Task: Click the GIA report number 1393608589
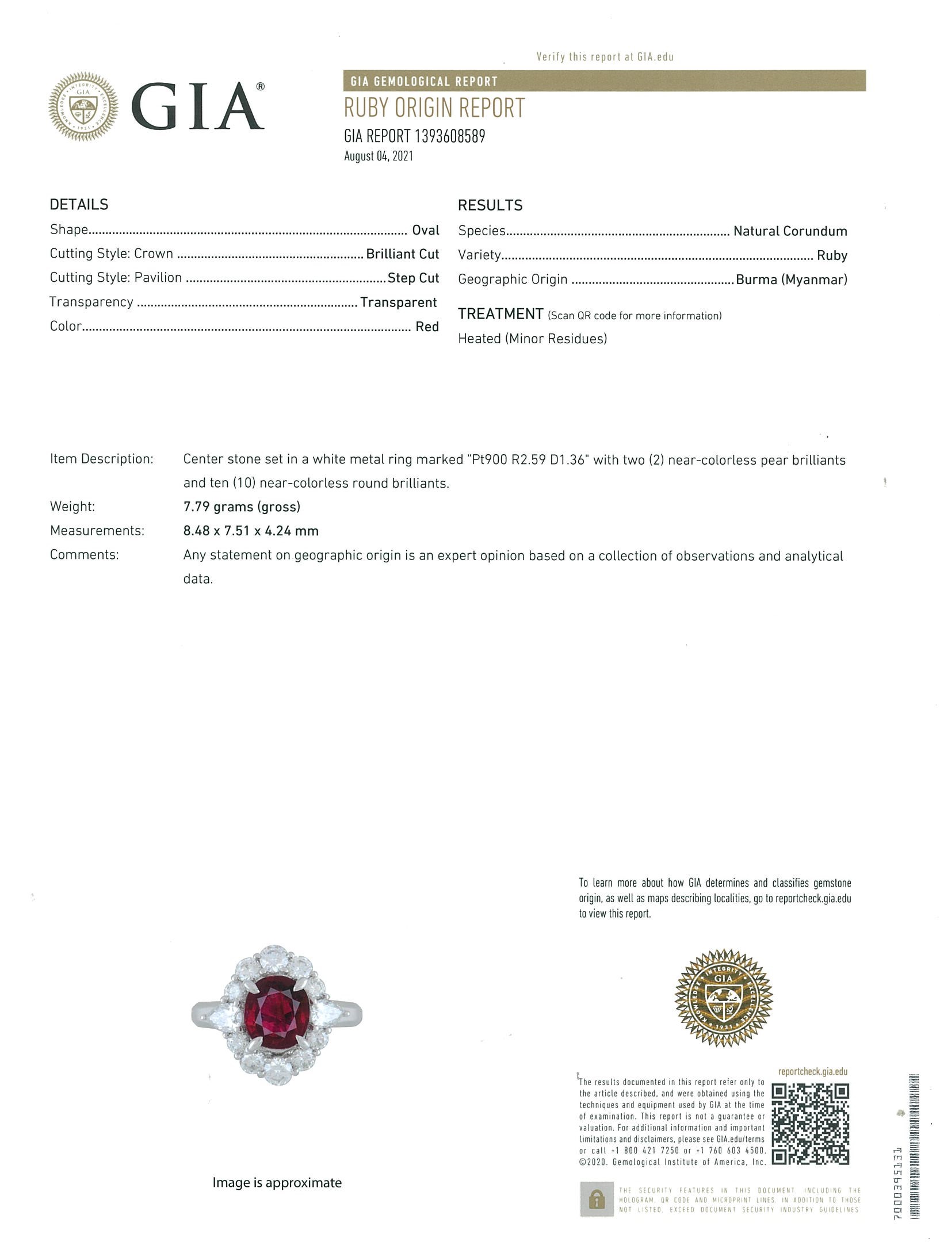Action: (x=415, y=136)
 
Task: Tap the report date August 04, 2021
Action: (x=379, y=156)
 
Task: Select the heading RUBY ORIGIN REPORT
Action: (x=434, y=108)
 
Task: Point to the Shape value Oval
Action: (x=426, y=230)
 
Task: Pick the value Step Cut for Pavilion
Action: (x=413, y=278)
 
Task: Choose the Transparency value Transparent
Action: (x=398, y=302)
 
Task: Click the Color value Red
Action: (x=427, y=327)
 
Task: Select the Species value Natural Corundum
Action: (x=790, y=231)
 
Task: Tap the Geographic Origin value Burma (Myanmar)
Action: (x=791, y=279)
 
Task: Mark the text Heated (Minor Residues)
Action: (x=532, y=339)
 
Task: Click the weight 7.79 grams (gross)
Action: (x=242, y=507)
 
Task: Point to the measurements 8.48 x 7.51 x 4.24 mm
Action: (x=251, y=531)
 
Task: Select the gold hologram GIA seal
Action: (x=723, y=998)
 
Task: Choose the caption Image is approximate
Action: (x=277, y=1182)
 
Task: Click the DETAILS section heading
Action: (x=79, y=204)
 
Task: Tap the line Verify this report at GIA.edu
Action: (x=605, y=56)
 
